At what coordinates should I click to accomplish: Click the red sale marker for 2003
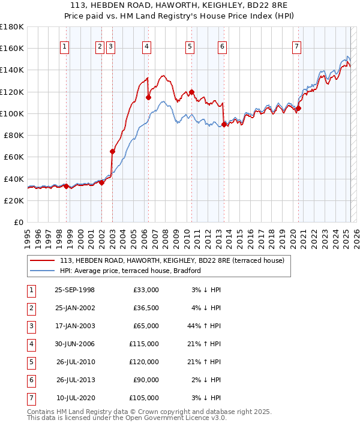click(x=112, y=152)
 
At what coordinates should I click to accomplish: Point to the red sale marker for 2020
click(x=298, y=109)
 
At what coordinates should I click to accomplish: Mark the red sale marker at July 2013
click(x=224, y=125)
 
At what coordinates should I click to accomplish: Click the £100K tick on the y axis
click(x=12, y=113)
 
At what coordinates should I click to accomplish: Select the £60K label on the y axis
click(x=14, y=157)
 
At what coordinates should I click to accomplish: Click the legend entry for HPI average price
click(x=130, y=271)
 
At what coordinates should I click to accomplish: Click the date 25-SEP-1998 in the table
click(x=74, y=289)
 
